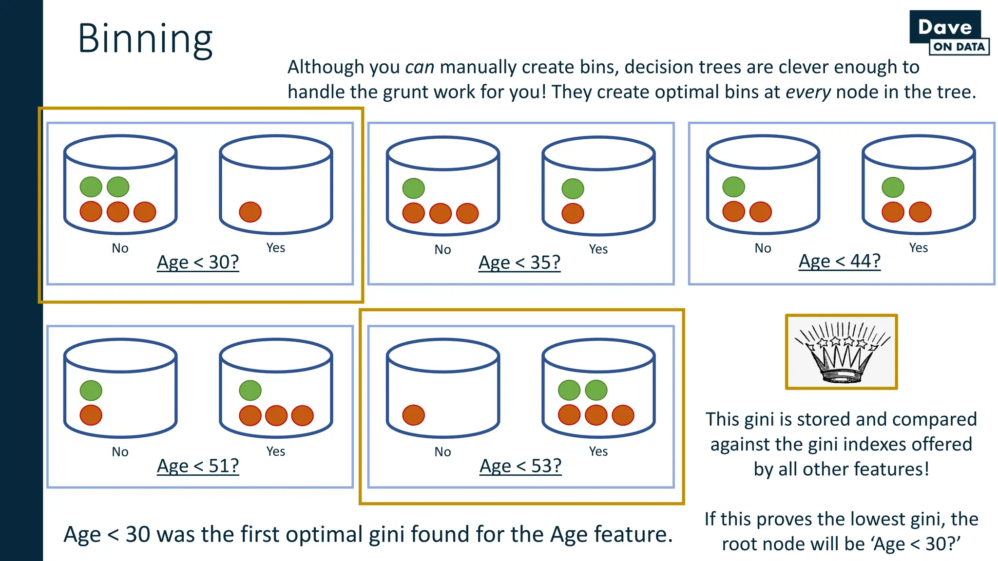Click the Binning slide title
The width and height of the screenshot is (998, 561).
[x=145, y=39]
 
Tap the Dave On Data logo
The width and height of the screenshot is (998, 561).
[x=949, y=33]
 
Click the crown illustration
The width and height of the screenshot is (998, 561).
[x=841, y=352]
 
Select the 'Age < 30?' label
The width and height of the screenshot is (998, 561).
[x=198, y=262]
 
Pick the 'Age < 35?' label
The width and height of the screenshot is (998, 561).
[x=519, y=263]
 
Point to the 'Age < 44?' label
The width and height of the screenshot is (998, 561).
[x=840, y=262]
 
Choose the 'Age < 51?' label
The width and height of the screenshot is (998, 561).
[x=198, y=466]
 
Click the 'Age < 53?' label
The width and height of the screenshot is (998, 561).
[x=520, y=466]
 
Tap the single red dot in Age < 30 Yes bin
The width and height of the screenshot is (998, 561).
[x=250, y=212]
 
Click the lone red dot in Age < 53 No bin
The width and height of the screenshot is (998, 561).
[x=413, y=415]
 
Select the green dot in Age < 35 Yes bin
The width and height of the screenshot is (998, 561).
[x=573, y=189]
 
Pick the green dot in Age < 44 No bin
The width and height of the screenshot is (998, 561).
[x=733, y=187]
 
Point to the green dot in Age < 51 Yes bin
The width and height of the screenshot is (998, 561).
[x=250, y=391]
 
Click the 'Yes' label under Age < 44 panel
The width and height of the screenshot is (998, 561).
[x=919, y=248]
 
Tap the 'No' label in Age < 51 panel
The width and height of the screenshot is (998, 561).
[x=120, y=452]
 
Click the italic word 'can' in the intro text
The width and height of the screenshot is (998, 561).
[x=419, y=67]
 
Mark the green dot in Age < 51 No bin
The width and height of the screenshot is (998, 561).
[x=91, y=391]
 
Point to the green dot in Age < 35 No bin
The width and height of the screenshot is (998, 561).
[x=413, y=188]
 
